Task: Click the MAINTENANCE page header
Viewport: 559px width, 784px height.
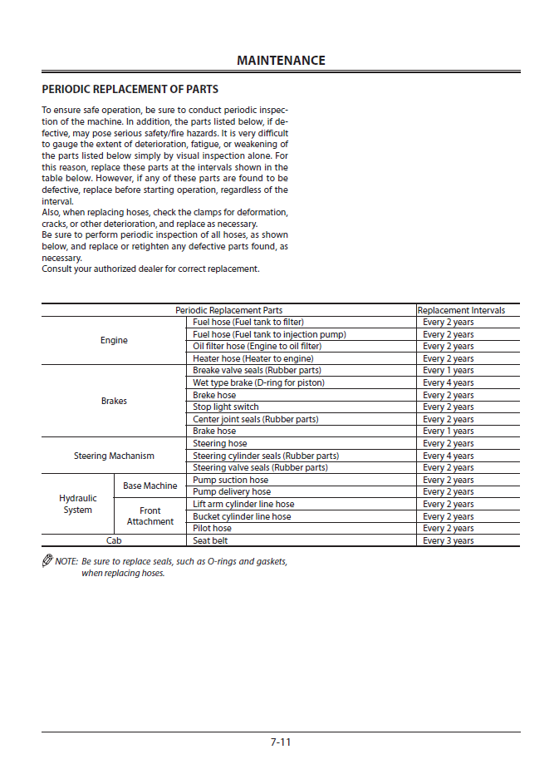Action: tap(281, 61)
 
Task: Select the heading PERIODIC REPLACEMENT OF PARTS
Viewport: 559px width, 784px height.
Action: tap(130, 90)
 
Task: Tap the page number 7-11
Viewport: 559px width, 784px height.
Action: tap(281, 742)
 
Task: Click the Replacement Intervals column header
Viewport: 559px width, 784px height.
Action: tap(461, 310)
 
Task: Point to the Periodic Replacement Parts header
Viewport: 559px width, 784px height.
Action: tap(228, 310)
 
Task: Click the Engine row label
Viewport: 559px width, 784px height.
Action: tap(114, 340)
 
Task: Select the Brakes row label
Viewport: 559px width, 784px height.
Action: tap(114, 401)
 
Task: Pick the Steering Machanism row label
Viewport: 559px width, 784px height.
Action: tap(114, 456)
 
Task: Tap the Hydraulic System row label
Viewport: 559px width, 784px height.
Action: tap(77, 504)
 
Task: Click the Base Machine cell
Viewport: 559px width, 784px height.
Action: tap(150, 486)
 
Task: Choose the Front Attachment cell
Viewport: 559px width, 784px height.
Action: tap(150, 516)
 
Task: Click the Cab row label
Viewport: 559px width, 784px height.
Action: tap(114, 540)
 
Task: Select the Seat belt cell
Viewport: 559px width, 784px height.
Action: tap(211, 540)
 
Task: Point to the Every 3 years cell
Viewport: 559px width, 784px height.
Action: tap(449, 540)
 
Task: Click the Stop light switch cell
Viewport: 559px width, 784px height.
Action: tap(226, 407)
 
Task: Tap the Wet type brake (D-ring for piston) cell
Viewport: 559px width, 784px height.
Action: tap(258, 382)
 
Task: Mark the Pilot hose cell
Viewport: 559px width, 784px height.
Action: tap(213, 528)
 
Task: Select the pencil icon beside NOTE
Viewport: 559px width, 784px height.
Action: tap(47, 561)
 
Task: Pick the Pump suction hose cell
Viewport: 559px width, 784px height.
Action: tap(231, 480)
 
